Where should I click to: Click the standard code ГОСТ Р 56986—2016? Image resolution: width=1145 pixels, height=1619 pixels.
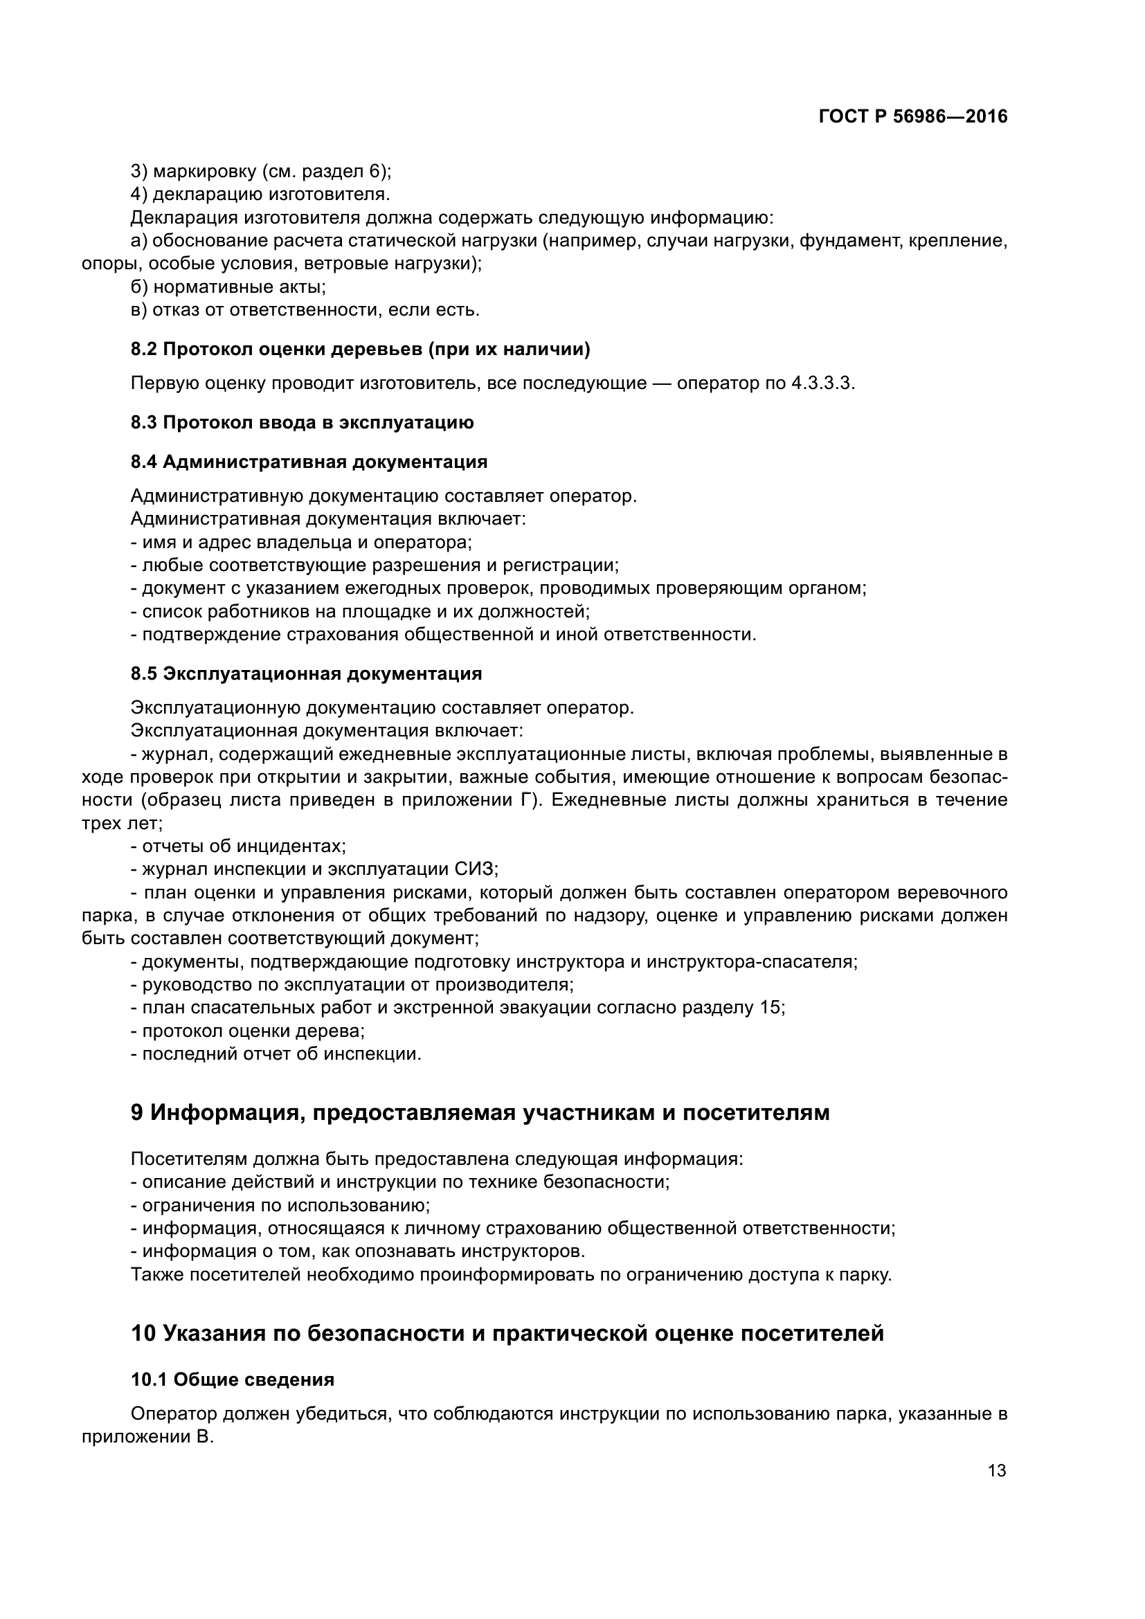point(913,117)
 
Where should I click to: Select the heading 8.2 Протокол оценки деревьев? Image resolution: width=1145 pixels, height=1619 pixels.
point(360,349)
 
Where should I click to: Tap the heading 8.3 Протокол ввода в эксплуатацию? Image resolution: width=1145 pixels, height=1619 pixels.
point(302,422)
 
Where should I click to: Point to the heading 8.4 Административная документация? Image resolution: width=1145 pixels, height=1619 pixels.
point(309,462)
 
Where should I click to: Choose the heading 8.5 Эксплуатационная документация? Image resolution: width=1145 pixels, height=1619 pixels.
point(306,673)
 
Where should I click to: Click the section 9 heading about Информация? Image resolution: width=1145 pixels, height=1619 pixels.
point(480,1113)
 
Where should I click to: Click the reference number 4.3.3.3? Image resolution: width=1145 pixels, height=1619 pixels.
point(822,383)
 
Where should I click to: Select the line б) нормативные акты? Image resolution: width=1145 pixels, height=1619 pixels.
point(228,287)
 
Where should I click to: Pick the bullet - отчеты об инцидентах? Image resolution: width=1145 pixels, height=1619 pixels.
point(238,845)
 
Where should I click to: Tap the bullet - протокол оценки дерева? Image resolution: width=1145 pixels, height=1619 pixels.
point(247,1031)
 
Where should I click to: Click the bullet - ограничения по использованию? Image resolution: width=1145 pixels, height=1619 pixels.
point(280,1205)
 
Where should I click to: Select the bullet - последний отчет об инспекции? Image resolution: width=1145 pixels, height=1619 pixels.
point(276,1054)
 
